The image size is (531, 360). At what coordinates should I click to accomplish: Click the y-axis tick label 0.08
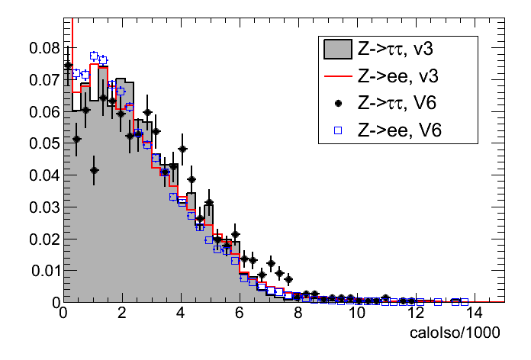[44, 48]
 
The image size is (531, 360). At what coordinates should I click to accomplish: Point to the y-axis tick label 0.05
[44, 143]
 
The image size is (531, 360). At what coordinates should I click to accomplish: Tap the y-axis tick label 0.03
[44, 207]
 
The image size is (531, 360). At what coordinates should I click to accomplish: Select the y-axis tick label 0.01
[44, 271]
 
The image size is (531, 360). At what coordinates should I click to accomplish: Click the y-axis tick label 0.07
[44, 80]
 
